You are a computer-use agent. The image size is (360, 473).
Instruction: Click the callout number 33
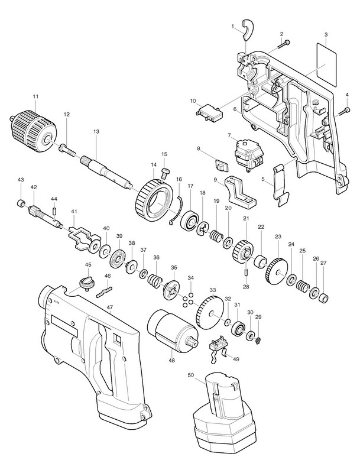tap(213, 290)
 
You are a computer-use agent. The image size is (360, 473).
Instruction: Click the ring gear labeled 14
tap(152, 201)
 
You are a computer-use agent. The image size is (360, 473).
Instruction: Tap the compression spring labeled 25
tap(301, 287)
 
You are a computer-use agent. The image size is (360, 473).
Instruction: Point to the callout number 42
tap(34, 187)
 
